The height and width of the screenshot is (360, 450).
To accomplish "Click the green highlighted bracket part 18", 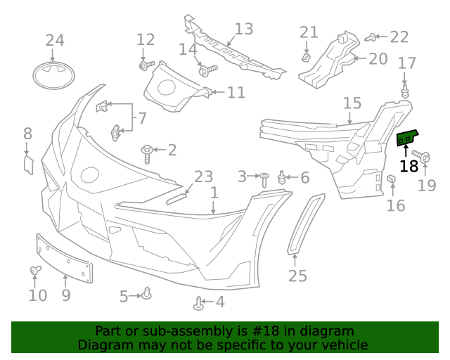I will [x=406, y=139].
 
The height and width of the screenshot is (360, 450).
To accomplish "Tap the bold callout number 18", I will [x=409, y=167].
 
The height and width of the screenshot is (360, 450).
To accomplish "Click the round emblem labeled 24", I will [x=54, y=74].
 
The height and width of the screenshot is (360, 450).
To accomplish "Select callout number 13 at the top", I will [x=243, y=30].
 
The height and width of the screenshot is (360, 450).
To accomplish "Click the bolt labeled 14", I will [x=208, y=70].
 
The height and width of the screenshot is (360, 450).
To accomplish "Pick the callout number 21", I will [x=309, y=32].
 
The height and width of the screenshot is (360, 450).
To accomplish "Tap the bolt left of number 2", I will [x=148, y=152].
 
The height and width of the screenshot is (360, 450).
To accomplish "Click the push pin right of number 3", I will [x=264, y=179].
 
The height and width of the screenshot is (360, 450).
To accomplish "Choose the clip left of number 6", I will [x=282, y=177].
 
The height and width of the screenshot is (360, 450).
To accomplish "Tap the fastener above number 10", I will [x=34, y=271].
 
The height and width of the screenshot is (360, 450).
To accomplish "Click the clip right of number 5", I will [x=147, y=292].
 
